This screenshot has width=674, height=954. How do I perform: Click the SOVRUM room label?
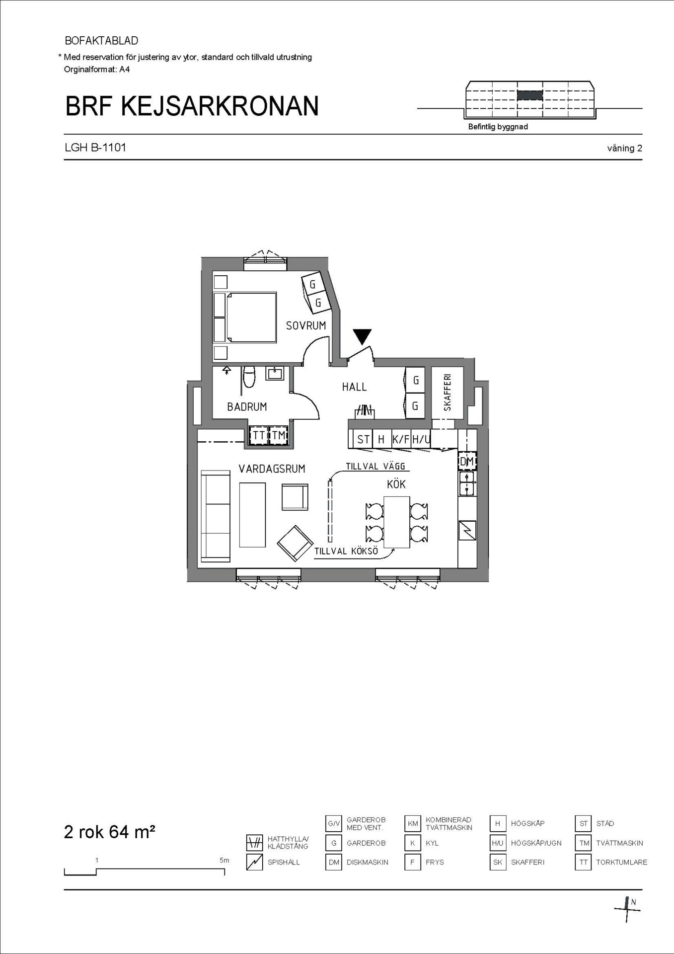[306, 326]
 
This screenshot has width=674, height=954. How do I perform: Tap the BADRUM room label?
[247, 407]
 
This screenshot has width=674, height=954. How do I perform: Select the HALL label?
[354, 387]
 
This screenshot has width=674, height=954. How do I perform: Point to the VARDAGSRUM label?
[272, 469]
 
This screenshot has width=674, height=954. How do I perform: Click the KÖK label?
[396, 484]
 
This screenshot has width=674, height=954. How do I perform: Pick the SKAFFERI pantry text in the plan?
[448, 393]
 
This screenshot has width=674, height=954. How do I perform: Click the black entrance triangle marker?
[363, 337]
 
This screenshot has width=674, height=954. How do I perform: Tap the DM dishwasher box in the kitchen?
[467, 462]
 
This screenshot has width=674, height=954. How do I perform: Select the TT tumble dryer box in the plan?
[259, 435]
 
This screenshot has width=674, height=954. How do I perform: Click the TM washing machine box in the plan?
[279, 435]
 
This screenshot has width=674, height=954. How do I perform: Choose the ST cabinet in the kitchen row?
[363, 439]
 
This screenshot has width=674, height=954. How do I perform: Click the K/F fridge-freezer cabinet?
[401, 439]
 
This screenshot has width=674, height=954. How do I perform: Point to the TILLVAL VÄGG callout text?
[375, 467]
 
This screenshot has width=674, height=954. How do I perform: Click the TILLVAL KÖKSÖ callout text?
[346, 552]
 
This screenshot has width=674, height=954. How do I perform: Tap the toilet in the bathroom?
[249, 377]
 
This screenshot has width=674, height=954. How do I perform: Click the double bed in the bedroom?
[245, 318]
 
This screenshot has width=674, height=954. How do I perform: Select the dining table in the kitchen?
[397, 522]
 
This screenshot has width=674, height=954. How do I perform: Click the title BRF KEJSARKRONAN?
[192, 106]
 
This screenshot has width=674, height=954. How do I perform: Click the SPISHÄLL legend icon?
[254, 862]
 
